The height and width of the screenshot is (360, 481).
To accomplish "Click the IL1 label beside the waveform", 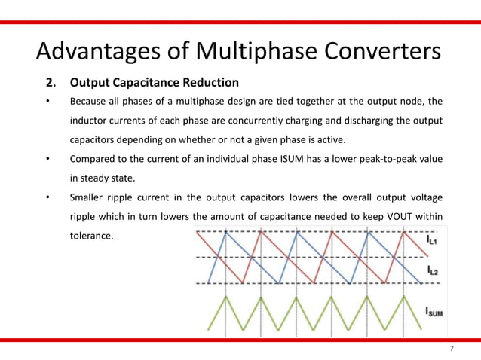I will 433,240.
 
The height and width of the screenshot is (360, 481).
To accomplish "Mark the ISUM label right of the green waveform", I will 434,310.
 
